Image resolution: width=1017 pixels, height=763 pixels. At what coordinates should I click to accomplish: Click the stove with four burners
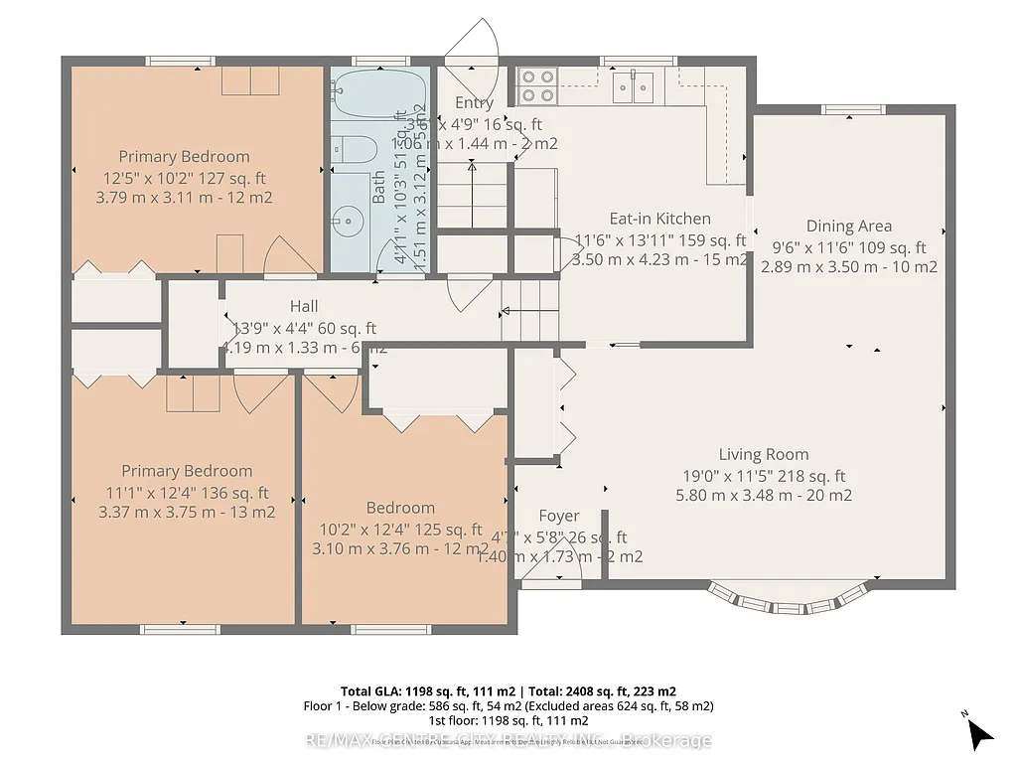point(536,85)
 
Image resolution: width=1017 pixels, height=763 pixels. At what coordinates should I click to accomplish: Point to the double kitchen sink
point(633,88)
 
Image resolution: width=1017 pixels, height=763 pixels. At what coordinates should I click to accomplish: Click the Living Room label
point(763,455)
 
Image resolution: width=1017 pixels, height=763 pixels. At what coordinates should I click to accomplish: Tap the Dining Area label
point(848,226)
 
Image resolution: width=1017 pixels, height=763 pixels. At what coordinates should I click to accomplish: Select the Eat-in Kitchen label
point(659,219)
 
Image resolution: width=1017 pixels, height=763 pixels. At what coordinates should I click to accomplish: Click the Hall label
point(304,306)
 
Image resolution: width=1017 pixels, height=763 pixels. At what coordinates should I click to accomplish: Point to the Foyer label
point(558,516)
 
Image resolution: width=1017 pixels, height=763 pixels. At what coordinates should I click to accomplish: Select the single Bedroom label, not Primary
point(400,508)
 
